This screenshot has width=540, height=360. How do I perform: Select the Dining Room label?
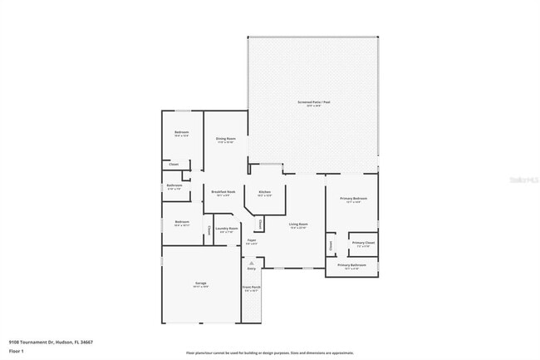225,140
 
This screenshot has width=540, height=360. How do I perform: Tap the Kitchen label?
264,193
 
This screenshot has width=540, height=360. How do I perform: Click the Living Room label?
298,225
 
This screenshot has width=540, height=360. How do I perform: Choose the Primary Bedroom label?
353,200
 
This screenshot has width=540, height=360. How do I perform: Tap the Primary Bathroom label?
351,266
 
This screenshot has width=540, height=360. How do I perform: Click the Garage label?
201,284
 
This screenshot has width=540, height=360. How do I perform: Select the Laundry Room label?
226,229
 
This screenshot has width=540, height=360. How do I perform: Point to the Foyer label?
251,241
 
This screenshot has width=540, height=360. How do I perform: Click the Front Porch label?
251,289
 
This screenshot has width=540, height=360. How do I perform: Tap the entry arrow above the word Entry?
251,262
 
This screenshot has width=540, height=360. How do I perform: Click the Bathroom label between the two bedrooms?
174,186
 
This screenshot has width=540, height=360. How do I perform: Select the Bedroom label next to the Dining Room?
181,134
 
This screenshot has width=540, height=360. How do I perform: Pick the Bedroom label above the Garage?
181,223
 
